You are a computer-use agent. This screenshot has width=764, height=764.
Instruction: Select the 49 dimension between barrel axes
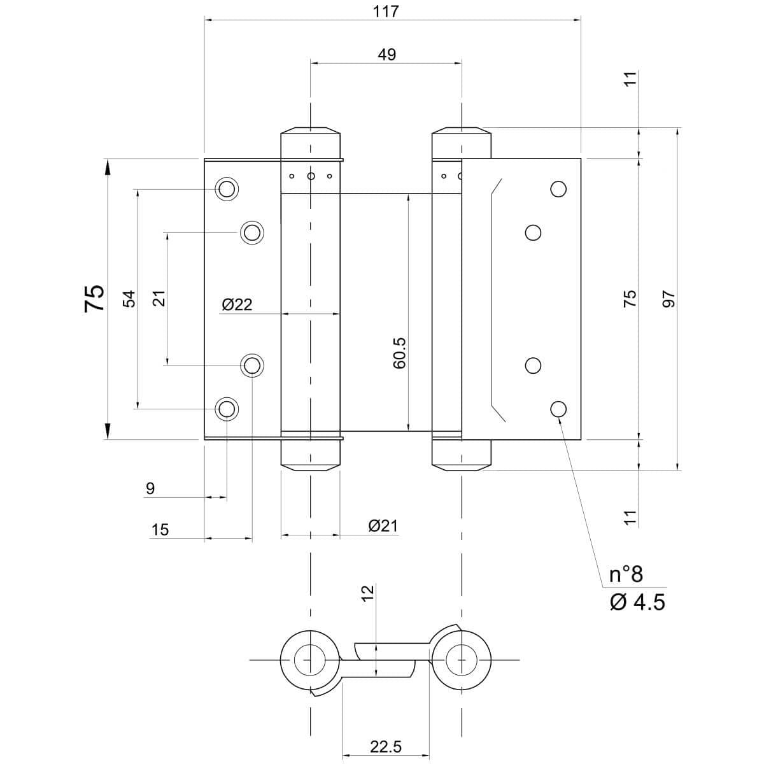tap(386, 55)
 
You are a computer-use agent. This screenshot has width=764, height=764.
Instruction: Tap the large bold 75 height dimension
tap(95, 297)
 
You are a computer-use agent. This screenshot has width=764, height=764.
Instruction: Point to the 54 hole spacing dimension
tap(129, 299)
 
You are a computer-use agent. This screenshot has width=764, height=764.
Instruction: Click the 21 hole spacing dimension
tap(159, 298)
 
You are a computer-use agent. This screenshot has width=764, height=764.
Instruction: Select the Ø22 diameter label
tap(237, 305)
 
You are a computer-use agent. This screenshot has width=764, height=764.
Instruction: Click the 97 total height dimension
tap(667, 299)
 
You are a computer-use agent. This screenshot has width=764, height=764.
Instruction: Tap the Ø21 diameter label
tap(383, 526)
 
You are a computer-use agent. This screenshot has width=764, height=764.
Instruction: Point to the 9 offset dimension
tap(150, 488)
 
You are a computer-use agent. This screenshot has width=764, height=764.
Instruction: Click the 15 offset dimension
tap(160, 529)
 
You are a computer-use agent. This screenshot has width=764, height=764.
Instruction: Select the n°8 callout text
tap(626, 575)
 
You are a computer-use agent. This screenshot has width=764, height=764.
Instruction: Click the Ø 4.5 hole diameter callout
tap(637, 602)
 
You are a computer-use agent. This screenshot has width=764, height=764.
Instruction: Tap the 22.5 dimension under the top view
tap(386, 747)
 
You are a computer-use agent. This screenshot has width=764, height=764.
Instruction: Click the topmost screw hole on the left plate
tap(226, 189)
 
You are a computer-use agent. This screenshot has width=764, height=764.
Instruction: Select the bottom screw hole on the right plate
tap(558, 409)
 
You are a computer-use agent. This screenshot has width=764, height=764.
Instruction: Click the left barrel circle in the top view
tap(310, 660)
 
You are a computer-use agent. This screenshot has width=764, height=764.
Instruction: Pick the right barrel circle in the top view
tap(462, 660)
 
